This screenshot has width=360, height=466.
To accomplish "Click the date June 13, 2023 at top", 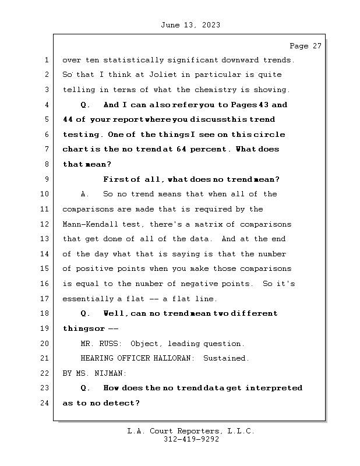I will tap(189, 25).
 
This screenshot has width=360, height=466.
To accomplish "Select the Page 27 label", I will tap(305, 45).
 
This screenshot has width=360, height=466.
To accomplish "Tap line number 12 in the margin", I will tap(46, 224).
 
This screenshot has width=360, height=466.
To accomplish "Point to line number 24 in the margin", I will tap(46, 403).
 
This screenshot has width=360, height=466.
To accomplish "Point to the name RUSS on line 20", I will tap(110, 344).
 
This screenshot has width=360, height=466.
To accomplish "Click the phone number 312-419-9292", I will tap(191, 440).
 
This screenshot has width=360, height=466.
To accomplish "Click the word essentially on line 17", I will tap(87, 299).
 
